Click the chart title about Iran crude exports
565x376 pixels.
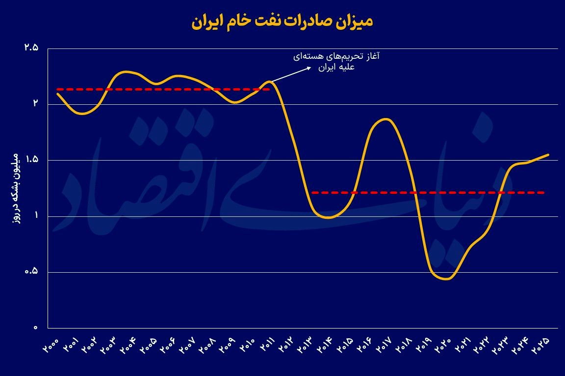282,22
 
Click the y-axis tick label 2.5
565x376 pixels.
31,48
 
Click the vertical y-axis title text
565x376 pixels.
16,188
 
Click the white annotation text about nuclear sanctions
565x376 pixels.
337,62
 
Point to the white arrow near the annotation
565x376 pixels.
292,74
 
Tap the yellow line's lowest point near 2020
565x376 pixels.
447,279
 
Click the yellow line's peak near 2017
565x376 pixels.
386,119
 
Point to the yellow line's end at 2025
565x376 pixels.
548,155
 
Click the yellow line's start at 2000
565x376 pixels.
58,94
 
